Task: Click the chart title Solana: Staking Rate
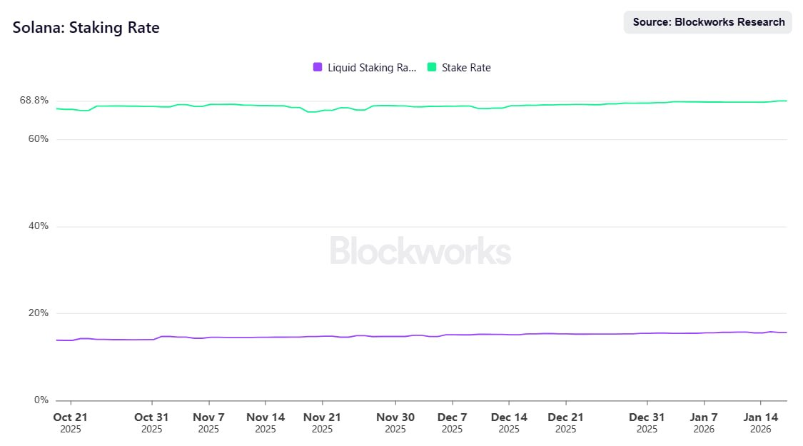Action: pyautogui.click(x=86, y=28)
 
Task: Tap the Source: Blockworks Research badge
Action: pyautogui.click(x=708, y=22)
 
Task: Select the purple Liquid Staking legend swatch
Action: pyautogui.click(x=318, y=67)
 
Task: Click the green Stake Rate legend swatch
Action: pyautogui.click(x=431, y=67)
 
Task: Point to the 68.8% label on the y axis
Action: pyautogui.click(x=34, y=101)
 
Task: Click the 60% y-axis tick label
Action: pyautogui.click(x=39, y=138)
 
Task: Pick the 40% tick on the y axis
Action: pyautogui.click(x=39, y=226)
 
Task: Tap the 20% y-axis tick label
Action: pyautogui.click(x=39, y=313)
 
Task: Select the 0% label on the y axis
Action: pyautogui.click(x=41, y=400)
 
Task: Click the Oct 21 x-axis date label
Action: pyautogui.click(x=71, y=417)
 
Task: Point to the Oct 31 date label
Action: pyautogui.click(x=151, y=417)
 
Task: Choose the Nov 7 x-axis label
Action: pyautogui.click(x=208, y=417)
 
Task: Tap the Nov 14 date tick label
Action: pyautogui.click(x=266, y=417)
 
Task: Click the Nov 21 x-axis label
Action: pyautogui.click(x=322, y=417)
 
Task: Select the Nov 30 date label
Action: pyautogui.click(x=395, y=417)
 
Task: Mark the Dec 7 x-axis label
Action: pyautogui.click(x=452, y=417)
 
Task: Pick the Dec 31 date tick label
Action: pyautogui.click(x=647, y=417)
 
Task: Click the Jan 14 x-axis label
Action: pyautogui.click(x=761, y=417)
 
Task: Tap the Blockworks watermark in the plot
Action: pyautogui.click(x=420, y=251)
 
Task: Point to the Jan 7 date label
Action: pyautogui.click(x=704, y=417)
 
